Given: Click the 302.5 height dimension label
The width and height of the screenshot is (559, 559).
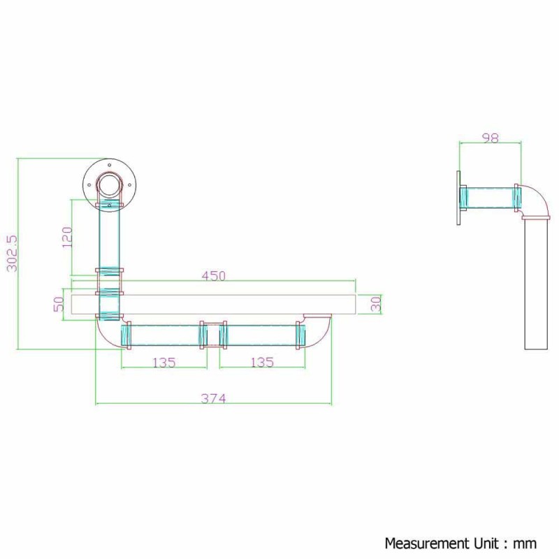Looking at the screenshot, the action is pyautogui.click(x=12, y=253).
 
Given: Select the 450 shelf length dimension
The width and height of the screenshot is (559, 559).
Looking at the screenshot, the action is pyautogui.click(x=214, y=275).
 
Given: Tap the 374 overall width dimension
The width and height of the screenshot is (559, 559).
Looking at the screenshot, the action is pyautogui.click(x=214, y=398).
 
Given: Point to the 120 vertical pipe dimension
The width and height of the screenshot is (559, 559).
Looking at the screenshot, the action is pyautogui.click(x=67, y=237).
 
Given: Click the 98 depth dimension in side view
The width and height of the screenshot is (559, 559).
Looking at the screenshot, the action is pyautogui.click(x=491, y=138).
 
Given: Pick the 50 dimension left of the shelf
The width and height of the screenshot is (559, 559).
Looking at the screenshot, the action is pyautogui.click(x=59, y=304).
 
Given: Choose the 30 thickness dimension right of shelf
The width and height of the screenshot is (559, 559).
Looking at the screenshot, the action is pyautogui.click(x=376, y=304).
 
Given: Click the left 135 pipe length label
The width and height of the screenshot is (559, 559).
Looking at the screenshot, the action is pyautogui.click(x=164, y=363).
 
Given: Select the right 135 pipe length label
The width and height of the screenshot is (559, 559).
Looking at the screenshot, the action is pyautogui.click(x=262, y=362).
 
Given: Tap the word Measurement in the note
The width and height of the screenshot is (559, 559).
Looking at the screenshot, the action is pyautogui.click(x=427, y=544).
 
